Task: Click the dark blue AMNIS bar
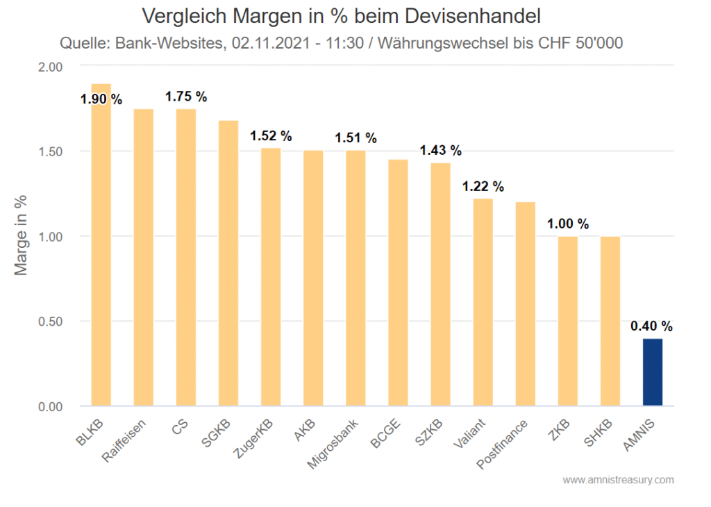pos(652,372)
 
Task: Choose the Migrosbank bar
pos(355,278)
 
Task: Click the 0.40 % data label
pos(651,326)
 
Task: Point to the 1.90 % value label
pos(101,99)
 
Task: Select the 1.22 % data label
pos(483,186)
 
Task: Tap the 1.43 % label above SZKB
pos(440,150)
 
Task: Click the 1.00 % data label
pos(567,224)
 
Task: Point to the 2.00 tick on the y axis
pos(50,67)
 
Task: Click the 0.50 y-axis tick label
pos(50,322)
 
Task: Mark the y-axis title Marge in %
pos(22,236)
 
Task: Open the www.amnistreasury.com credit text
pos(617,480)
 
